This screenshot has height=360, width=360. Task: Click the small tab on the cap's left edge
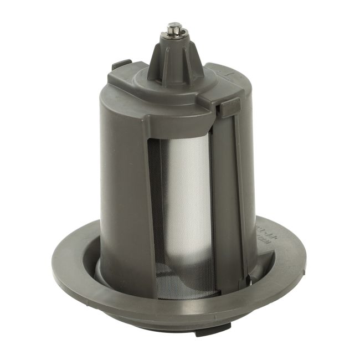[121, 64]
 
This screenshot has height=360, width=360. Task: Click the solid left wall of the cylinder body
[119, 183]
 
